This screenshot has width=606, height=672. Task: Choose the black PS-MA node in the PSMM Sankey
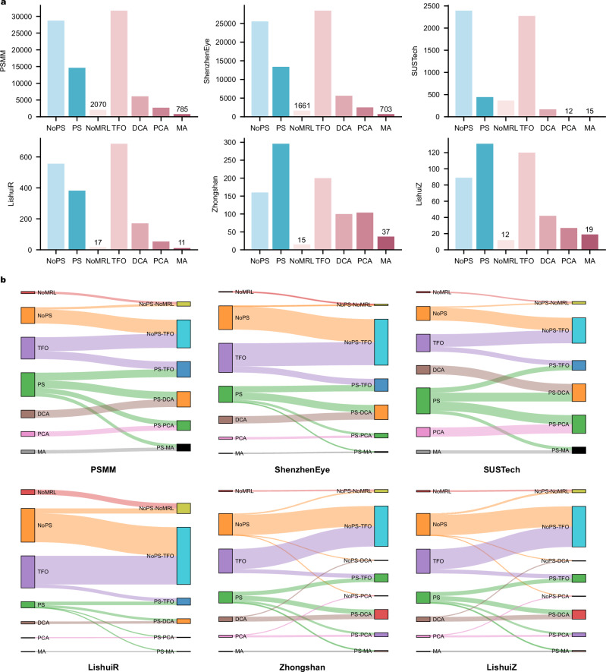[x=183, y=448]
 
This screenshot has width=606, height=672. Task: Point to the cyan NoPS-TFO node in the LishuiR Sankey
[x=183, y=556]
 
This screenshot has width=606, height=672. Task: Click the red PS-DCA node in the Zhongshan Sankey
[x=381, y=614]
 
